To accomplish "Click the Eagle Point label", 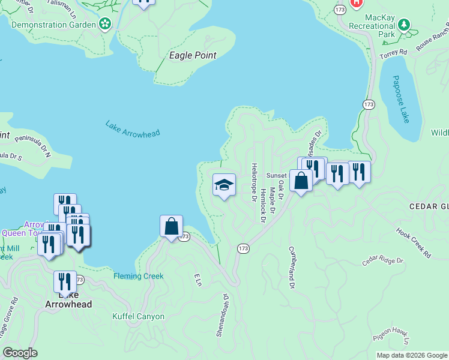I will click(x=192, y=55).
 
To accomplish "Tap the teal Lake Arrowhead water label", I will click(x=133, y=129).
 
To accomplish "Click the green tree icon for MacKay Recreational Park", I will click(x=405, y=25).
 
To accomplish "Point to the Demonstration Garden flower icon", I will click(x=106, y=24).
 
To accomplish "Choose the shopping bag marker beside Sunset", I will click(x=300, y=180).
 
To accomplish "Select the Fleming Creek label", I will click(x=138, y=277).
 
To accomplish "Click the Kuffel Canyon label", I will click(x=138, y=316).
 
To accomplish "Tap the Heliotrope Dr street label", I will click(x=254, y=182).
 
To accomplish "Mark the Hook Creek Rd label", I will click(x=414, y=242).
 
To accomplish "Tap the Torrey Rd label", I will click(x=396, y=52).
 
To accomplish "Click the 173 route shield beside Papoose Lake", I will click(x=369, y=104).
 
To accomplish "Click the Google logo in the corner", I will click(x=20, y=353).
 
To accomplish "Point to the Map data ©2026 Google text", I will click(x=411, y=355).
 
